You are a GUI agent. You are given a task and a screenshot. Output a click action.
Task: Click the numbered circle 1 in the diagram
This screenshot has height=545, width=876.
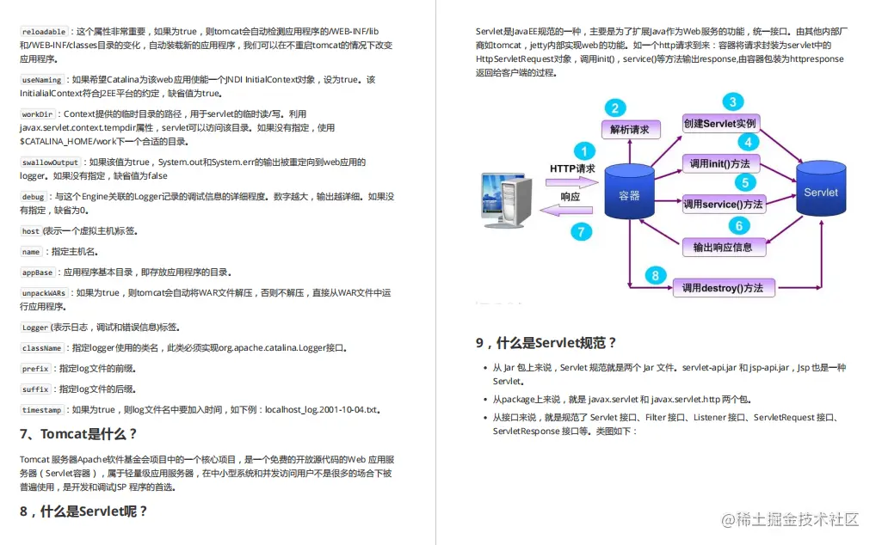(585, 152)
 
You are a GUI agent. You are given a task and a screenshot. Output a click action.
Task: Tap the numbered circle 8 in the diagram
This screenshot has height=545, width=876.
(656, 275)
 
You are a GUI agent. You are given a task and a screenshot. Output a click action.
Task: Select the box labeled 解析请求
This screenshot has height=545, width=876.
(630, 130)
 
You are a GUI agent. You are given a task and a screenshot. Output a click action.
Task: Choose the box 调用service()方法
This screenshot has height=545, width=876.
(723, 205)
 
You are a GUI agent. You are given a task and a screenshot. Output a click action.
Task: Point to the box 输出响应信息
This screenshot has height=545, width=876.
(723, 247)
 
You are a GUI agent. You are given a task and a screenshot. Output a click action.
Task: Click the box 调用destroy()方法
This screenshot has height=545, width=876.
(723, 288)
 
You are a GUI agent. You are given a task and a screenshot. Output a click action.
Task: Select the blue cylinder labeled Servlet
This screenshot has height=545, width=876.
(820, 193)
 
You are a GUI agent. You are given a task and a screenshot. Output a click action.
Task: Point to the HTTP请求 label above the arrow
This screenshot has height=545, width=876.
(572, 168)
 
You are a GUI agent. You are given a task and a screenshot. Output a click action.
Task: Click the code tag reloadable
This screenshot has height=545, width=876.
(43, 32)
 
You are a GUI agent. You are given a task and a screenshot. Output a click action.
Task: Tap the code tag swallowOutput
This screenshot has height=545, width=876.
(50, 162)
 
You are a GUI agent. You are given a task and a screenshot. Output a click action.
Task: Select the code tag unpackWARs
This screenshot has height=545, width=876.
(45, 293)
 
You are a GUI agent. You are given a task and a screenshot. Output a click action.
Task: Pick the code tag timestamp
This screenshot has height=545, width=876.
(42, 410)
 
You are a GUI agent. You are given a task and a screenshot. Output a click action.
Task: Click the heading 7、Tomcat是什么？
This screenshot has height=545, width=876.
(78, 434)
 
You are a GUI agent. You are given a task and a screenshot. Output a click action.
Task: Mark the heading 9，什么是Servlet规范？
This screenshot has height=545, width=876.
(546, 342)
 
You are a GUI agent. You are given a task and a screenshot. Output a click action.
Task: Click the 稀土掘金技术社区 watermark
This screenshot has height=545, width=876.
(791, 519)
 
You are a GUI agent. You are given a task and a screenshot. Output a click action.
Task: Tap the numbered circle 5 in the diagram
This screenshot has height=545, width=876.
(744, 182)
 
